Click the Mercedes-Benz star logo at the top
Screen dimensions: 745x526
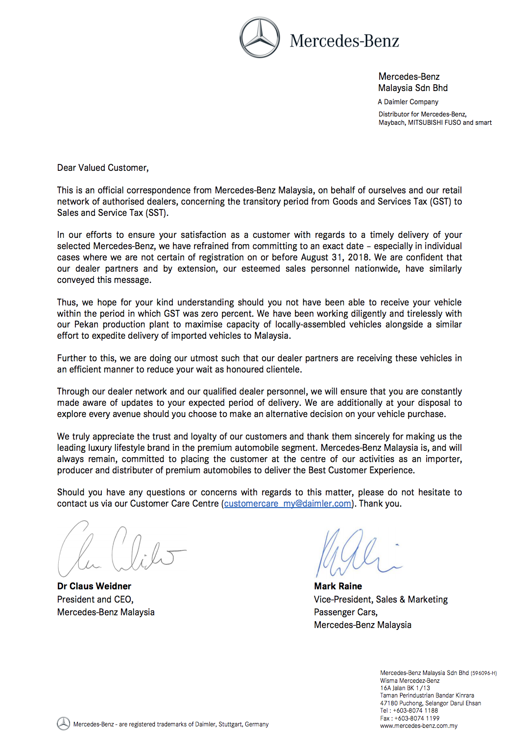click(260, 38)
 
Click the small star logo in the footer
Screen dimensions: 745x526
click(63, 723)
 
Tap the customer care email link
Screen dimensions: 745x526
click(287, 504)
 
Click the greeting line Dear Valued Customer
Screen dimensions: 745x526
click(103, 168)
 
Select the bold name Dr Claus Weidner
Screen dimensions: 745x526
click(94, 586)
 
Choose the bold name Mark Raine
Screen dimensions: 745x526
click(338, 586)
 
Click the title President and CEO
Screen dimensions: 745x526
click(95, 600)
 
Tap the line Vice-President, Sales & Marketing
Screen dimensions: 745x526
click(381, 600)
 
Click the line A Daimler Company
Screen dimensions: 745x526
click(408, 102)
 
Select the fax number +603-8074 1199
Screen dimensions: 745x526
click(417, 719)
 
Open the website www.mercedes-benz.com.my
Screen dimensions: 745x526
click(419, 726)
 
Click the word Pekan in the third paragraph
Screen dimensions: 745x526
click(86, 325)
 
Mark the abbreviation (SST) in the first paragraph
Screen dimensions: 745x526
click(157, 213)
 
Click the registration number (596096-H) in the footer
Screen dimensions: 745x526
click(484, 673)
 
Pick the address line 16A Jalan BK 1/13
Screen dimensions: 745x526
click(405, 688)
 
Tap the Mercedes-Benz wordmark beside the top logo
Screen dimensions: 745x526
click(344, 41)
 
